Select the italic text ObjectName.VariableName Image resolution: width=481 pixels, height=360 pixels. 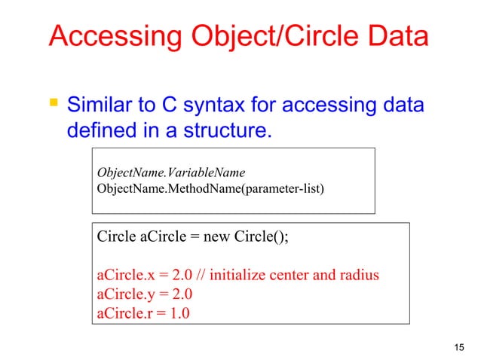(x=170, y=172)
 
